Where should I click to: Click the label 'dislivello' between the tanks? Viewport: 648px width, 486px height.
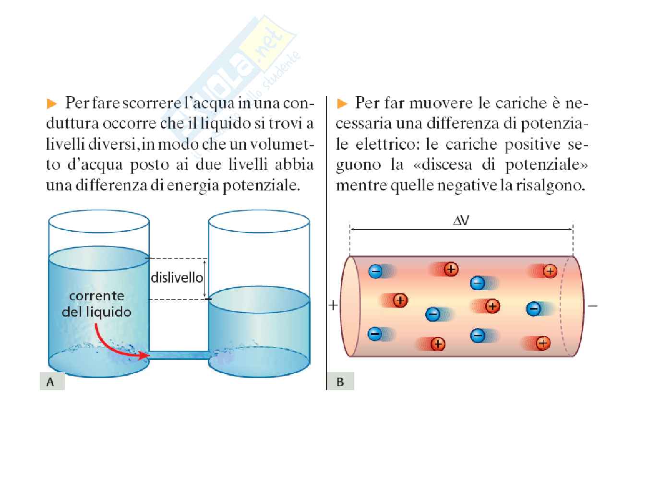pyautogui.click(x=177, y=278)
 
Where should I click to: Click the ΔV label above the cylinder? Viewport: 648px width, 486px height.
pyautogui.click(x=461, y=220)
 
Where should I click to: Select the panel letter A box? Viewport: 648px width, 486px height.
pyautogui.click(x=51, y=382)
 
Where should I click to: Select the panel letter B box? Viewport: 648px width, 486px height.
pyautogui.click(x=340, y=382)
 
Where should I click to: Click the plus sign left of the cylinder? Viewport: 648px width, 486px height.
pyautogui.click(x=333, y=305)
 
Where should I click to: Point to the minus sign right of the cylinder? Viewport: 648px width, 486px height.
pyautogui.click(x=593, y=306)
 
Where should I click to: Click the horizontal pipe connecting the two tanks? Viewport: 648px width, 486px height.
pyautogui.click(x=179, y=355)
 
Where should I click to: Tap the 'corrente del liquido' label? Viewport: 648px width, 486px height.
pyautogui.click(x=96, y=304)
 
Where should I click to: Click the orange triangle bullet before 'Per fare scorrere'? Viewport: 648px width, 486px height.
pyautogui.click(x=52, y=104)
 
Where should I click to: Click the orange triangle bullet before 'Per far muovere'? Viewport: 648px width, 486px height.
pyautogui.click(x=342, y=104)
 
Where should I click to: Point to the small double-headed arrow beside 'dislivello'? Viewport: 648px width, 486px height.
pyautogui.click(x=205, y=278)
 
